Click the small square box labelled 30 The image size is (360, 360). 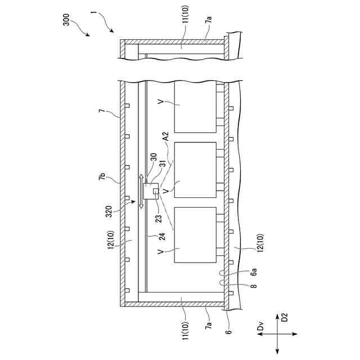(151, 192)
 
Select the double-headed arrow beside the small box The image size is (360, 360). (141, 192)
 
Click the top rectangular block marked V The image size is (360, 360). (195, 107)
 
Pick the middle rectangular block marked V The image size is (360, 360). (195, 170)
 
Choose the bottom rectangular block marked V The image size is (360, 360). (195, 235)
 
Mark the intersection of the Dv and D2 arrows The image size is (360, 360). (277, 335)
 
